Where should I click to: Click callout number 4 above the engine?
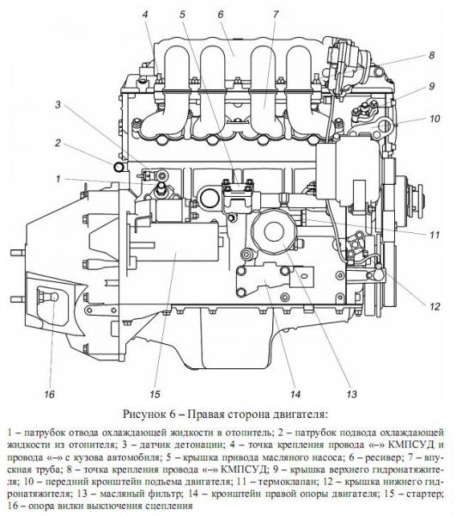click(145, 15)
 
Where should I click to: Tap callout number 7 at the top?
click(276, 15)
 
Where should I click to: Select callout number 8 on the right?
click(431, 55)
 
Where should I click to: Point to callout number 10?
click(435, 118)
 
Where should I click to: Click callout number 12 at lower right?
click(435, 306)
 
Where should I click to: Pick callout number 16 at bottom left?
click(49, 394)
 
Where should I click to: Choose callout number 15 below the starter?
click(155, 394)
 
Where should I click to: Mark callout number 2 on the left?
click(58, 143)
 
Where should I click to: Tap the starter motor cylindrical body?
click(179, 250)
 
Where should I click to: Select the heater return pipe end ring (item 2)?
click(119, 167)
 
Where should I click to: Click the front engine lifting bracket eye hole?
click(385, 126)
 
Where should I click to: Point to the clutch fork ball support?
click(47, 297)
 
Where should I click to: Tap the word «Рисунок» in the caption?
click(143, 414)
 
